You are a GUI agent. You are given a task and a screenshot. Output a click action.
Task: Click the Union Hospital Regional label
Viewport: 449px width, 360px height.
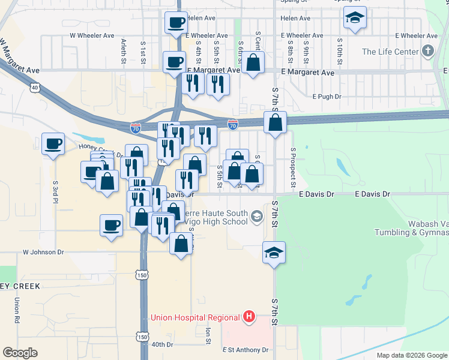[x=194, y=317]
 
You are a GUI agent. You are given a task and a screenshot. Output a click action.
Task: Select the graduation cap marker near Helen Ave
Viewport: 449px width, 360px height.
[x=355, y=19]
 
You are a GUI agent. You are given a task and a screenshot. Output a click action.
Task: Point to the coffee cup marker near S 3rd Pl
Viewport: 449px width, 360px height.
[x=53, y=144]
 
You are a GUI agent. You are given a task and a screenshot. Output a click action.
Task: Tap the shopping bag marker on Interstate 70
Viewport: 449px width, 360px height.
[x=275, y=122]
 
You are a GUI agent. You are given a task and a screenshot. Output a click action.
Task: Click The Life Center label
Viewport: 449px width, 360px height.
[x=390, y=52]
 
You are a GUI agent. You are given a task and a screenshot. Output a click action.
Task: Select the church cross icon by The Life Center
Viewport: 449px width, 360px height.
[x=428, y=51]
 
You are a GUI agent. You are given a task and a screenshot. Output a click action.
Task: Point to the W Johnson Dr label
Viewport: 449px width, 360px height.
[x=43, y=253]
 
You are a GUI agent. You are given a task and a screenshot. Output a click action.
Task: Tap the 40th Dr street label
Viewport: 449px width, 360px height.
[x=162, y=344]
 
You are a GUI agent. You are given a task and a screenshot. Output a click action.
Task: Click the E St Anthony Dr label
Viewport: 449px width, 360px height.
[x=245, y=350]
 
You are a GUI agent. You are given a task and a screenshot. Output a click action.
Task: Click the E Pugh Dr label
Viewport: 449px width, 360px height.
[x=327, y=96]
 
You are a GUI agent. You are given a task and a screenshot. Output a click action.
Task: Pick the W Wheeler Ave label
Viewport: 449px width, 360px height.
[x=92, y=35]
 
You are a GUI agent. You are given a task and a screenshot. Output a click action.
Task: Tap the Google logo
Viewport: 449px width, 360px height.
[x=20, y=353]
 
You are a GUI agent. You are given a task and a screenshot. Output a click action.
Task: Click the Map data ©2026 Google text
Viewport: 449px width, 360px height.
[x=411, y=355]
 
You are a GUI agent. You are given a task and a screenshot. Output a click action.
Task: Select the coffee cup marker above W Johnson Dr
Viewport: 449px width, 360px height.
[x=111, y=226]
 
